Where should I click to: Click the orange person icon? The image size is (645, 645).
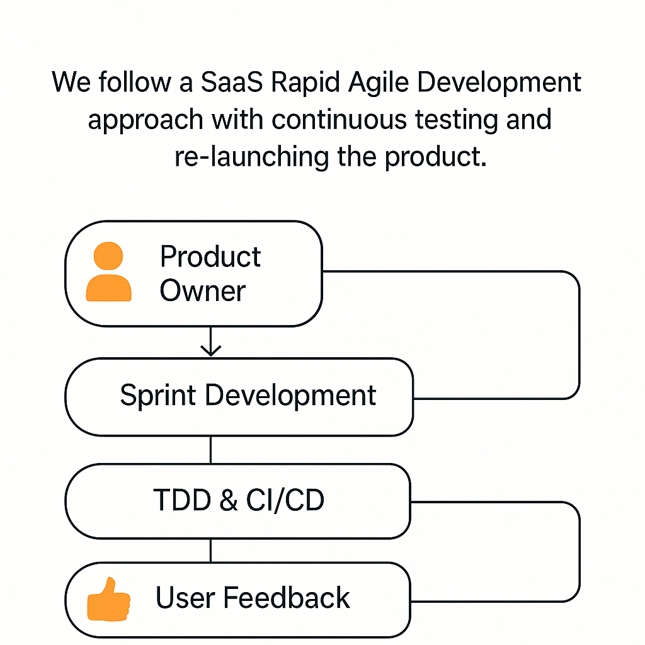point(108,271)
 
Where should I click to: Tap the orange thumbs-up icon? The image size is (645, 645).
point(108,599)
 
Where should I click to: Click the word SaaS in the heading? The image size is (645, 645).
point(232,82)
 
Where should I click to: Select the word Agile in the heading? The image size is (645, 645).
point(379,83)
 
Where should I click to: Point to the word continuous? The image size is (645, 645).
point(339,119)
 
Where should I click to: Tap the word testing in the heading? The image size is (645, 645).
point(456,120)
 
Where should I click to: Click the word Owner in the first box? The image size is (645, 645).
point(202,290)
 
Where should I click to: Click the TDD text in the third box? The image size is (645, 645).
point(182,500)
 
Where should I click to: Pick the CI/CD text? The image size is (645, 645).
point(285,500)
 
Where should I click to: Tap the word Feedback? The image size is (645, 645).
point(287,597)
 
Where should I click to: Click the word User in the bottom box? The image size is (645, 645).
point(185,597)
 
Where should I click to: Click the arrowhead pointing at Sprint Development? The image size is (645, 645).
point(210,351)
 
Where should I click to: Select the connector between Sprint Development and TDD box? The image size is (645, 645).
point(210,450)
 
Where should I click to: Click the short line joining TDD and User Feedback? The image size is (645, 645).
point(210,551)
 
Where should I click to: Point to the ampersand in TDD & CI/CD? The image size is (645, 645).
point(229,500)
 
